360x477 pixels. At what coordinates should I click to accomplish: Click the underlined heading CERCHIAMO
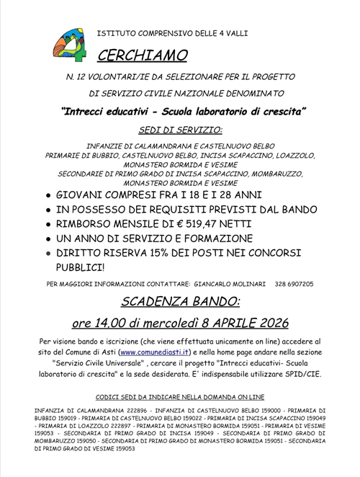tap(142, 55)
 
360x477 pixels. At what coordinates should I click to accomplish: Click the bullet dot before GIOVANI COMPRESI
tap(48, 196)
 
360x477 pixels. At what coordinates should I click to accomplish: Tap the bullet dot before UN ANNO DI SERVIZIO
tap(48, 239)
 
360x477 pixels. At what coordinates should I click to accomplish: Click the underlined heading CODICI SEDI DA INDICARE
tap(180, 396)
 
